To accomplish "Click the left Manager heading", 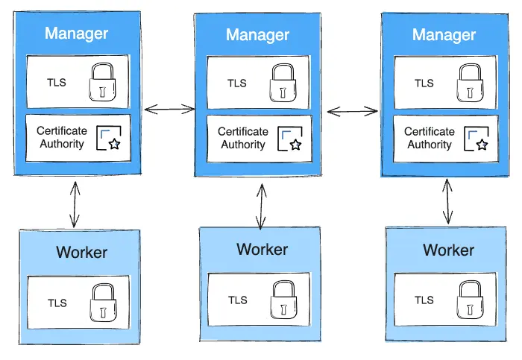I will click(x=76, y=34).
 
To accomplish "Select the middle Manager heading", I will click(x=257, y=35).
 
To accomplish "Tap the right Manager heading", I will click(x=444, y=35).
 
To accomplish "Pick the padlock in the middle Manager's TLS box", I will click(x=282, y=83).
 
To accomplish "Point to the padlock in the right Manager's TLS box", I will click(x=468, y=83).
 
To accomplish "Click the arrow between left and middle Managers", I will click(x=169, y=110).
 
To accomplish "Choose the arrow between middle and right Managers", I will click(x=353, y=112).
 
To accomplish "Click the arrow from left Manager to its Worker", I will click(x=73, y=202).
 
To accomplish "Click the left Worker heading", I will click(x=81, y=253).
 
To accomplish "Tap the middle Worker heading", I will click(x=262, y=249).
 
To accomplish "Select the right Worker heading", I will click(x=448, y=250).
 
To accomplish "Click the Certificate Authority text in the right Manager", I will click(x=429, y=138).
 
